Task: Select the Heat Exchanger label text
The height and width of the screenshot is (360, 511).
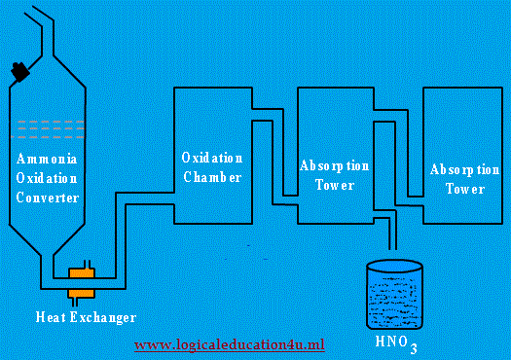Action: coord(85,317)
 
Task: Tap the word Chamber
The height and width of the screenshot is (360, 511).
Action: coord(211,177)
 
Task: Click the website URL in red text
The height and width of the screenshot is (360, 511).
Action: coord(229,345)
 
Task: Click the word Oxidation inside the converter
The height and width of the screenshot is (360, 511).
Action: coord(46,177)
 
